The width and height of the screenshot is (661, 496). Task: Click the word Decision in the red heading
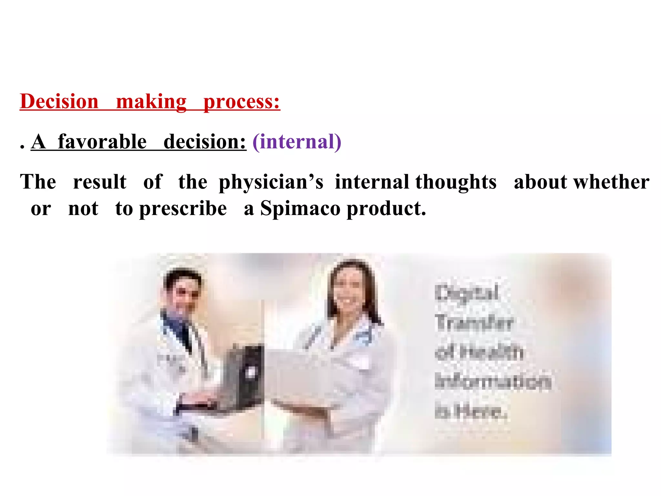[59, 101]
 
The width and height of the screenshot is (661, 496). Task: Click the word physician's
[271, 182]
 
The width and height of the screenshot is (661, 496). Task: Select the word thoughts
[456, 182]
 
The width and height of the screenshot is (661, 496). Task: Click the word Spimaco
[300, 208]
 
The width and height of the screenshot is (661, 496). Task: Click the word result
[100, 182]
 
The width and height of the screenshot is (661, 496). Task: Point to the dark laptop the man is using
[245, 375]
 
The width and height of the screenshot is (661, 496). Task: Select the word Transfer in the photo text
[473, 323]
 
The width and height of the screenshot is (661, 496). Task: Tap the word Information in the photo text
[493, 381]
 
